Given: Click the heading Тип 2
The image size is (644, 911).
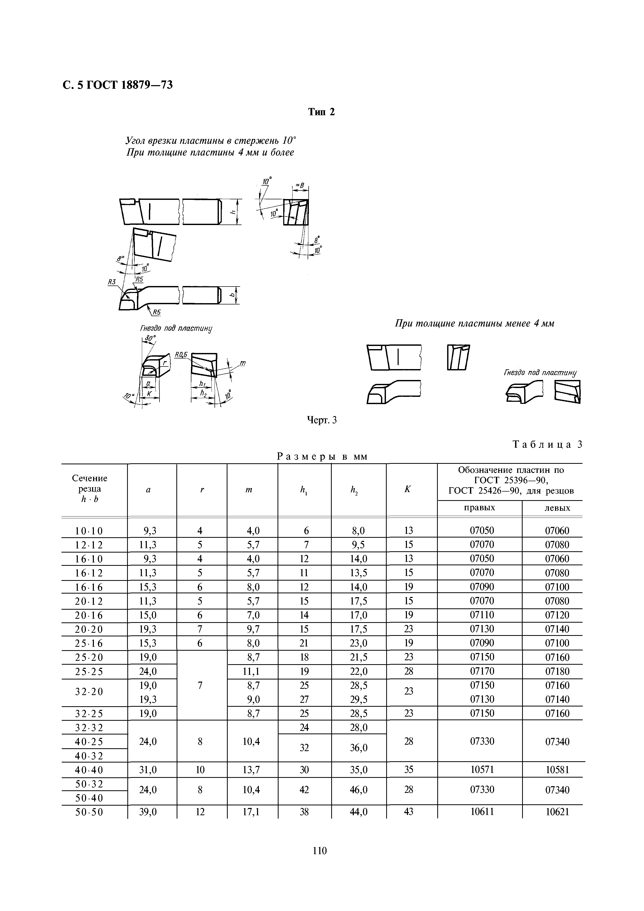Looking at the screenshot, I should click(322, 112).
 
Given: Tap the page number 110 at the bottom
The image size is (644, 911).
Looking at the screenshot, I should click(319, 850).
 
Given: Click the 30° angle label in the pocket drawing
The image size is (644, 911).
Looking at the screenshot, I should click(150, 338).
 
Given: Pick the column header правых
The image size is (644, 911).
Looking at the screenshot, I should click(479, 508).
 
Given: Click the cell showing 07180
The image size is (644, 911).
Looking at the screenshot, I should click(557, 671).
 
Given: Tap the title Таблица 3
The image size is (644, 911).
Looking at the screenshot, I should click(547, 444).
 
